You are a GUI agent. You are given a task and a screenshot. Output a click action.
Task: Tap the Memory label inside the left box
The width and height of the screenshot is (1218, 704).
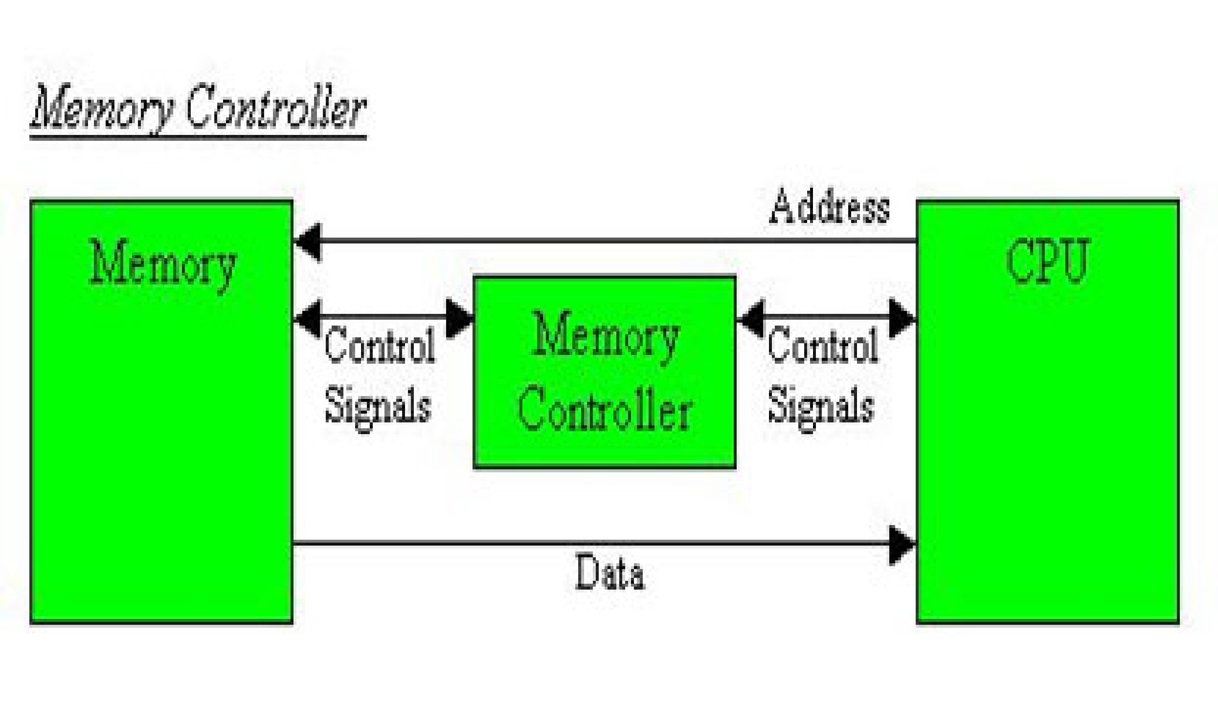click(162, 265)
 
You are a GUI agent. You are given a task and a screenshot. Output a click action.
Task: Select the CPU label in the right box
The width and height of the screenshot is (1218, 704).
click(1047, 262)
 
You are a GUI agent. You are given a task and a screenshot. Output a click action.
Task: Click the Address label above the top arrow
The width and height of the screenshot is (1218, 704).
click(829, 208)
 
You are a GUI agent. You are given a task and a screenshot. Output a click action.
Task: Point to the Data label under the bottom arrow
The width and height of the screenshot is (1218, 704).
click(610, 572)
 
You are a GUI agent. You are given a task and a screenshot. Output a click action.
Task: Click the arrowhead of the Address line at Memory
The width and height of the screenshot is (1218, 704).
click(308, 241)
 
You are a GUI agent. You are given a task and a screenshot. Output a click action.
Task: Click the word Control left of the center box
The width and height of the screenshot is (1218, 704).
click(379, 346)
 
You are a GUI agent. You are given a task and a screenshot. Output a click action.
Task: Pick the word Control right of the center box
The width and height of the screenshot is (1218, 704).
click(823, 346)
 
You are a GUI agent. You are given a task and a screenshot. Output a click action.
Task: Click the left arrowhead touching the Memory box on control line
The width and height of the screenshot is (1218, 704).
click(308, 318)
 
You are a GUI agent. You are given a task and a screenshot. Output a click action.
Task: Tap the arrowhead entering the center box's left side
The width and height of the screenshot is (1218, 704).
click(459, 319)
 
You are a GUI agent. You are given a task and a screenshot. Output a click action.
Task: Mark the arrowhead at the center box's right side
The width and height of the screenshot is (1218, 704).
click(751, 319)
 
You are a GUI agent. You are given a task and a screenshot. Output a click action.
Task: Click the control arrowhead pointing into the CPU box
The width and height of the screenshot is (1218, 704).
click(902, 319)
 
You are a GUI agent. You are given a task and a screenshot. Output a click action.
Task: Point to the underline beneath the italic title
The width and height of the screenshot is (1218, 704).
click(198, 137)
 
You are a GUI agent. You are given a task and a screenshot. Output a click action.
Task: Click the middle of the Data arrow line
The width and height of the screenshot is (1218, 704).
click(604, 543)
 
